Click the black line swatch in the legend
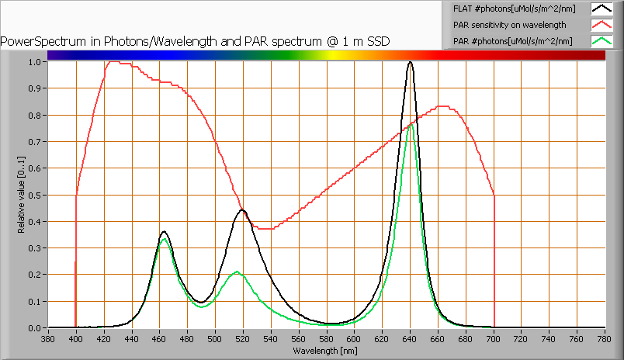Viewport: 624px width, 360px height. (x=602, y=9)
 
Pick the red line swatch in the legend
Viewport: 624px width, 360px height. (x=602, y=25)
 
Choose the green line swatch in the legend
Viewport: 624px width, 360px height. (x=602, y=41)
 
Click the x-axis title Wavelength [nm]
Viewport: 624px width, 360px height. (x=326, y=351)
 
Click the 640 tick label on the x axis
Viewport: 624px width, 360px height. (x=410, y=339)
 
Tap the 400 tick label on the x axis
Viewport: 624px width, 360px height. (x=76, y=339)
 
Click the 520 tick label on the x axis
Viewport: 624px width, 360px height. (x=243, y=339)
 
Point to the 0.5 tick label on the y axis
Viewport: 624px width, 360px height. (x=35, y=195)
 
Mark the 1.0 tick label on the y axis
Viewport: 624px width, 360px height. (x=35, y=62)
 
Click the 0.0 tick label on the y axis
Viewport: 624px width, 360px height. (x=35, y=328)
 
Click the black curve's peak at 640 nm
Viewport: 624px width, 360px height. (x=410, y=62)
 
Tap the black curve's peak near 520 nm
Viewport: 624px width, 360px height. (x=242, y=210)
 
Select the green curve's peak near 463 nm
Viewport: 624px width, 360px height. (x=164, y=240)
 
